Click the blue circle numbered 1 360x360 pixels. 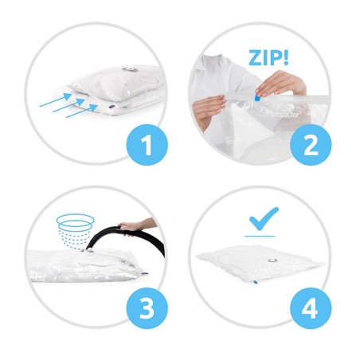click(x=147, y=145)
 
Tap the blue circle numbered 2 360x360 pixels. click(x=311, y=145)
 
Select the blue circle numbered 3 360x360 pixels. click(x=147, y=308)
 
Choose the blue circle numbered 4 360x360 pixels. click(x=311, y=308)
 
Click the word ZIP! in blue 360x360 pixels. click(x=268, y=58)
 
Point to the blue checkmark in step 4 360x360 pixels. click(x=264, y=219)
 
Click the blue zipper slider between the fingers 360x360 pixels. click(x=257, y=97)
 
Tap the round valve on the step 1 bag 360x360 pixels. click(x=130, y=69)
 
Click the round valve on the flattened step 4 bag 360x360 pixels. click(x=272, y=260)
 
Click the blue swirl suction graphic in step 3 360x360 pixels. click(x=75, y=231)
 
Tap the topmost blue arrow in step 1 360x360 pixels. click(x=56, y=100)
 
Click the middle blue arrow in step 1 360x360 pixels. click(x=68, y=105)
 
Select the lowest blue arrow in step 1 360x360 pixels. click(x=82, y=111)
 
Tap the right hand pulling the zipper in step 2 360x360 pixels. click(x=280, y=83)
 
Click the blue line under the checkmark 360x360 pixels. click(x=260, y=236)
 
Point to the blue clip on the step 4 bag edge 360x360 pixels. click(x=255, y=282)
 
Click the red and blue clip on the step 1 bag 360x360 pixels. click(x=112, y=108)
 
